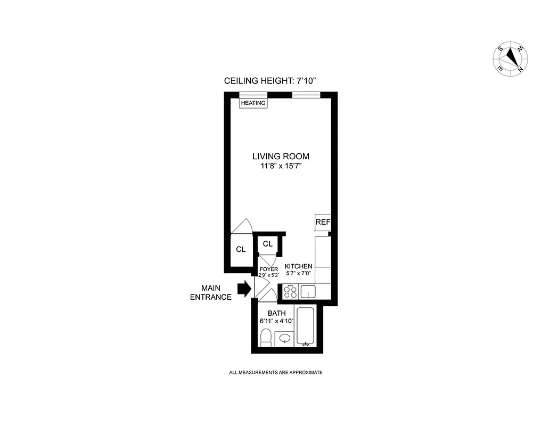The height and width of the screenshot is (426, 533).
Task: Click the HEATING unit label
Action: pyautogui.click(x=253, y=103)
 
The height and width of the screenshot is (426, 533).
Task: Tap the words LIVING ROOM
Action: pyautogui.click(x=281, y=157)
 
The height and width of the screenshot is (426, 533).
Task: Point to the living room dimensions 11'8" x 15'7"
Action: pyautogui.click(x=281, y=166)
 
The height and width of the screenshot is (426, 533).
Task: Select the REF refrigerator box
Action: pyautogui.click(x=323, y=222)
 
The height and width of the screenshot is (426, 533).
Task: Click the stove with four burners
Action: pyautogui.click(x=291, y=291)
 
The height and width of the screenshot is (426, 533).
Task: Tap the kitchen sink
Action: pyautogui.click(x=308, y=291)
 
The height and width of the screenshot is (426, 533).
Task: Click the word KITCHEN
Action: pyautogui.click(x=299, y=266)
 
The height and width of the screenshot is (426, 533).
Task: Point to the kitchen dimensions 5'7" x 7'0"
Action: pyautogui.click(x=299, y=274)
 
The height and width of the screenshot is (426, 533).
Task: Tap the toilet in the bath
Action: pyautogui.click(x=266, y=338)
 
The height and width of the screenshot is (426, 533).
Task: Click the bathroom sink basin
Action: pyautogui.click(x=284, y=338)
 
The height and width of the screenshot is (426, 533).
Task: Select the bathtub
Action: pyautogui.click(x=306, y=326)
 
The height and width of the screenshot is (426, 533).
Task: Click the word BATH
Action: pyautogui.click(x=277, y=313)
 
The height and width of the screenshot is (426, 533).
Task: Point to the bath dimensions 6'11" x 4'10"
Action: pyautogui.click(x=277, y=321)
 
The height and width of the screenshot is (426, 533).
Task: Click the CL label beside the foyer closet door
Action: pyautogui.click(x=267, y=244)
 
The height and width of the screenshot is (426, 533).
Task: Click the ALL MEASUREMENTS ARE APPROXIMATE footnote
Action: pyautogui.click(x=275, y=373)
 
